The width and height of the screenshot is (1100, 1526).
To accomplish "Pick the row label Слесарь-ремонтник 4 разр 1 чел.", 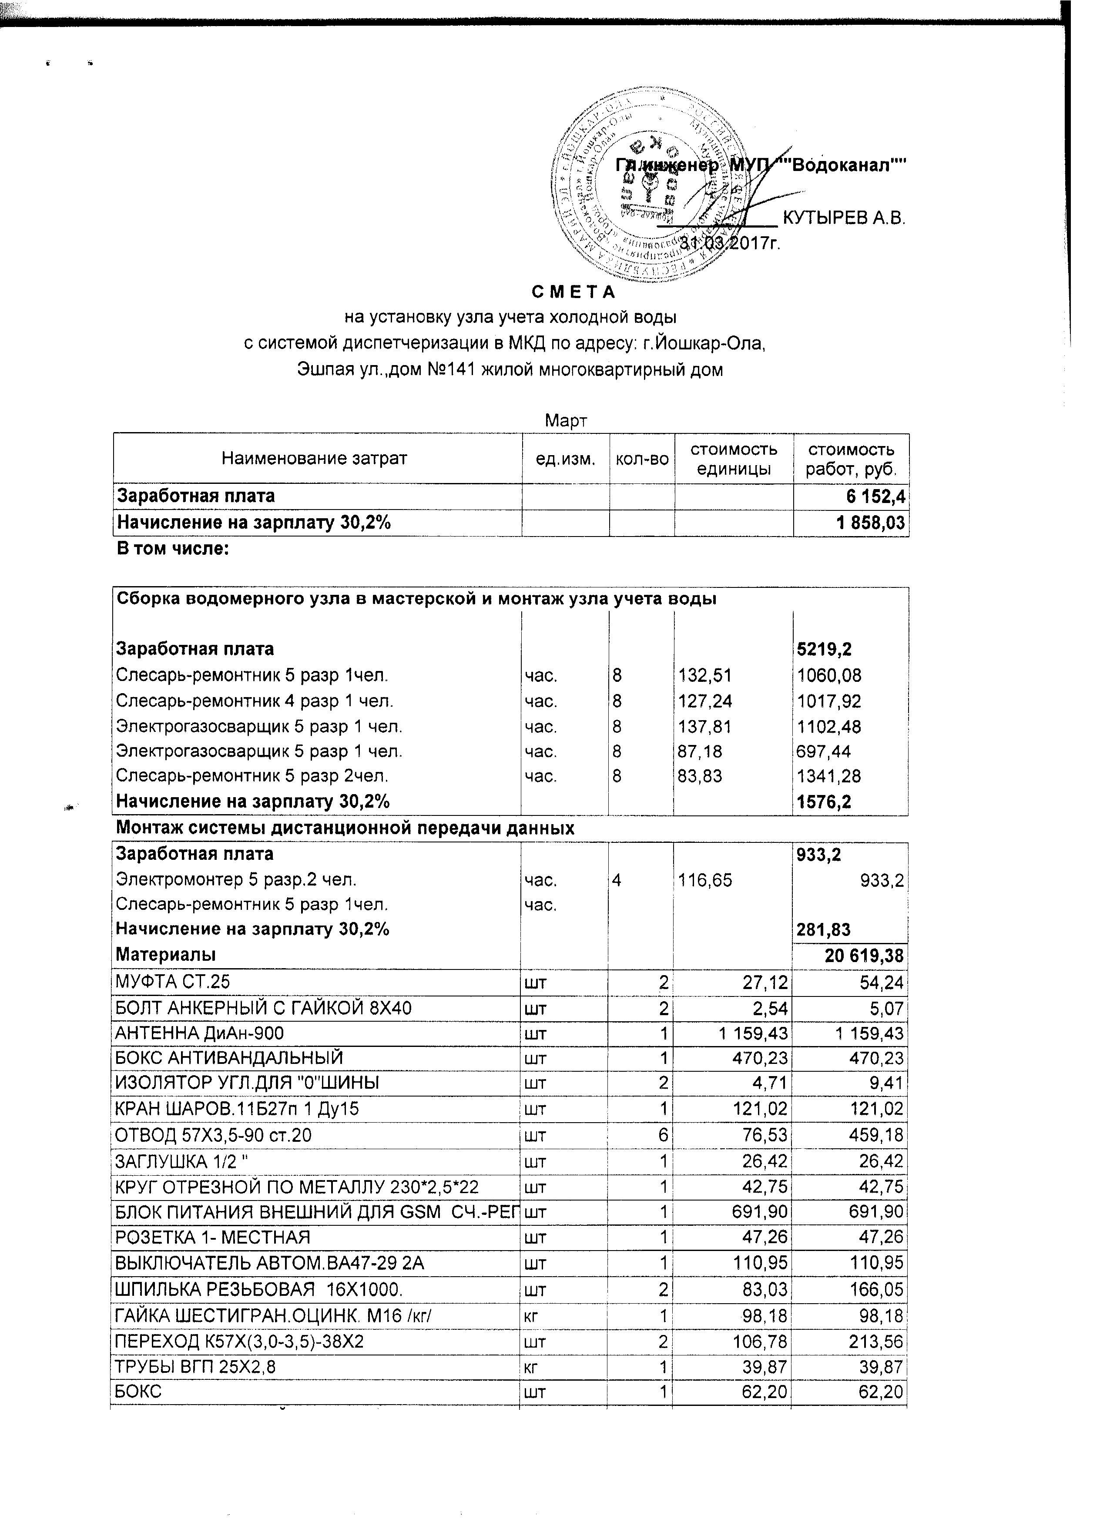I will click(254, 701).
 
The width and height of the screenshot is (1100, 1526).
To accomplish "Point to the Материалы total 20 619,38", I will click(864, 956).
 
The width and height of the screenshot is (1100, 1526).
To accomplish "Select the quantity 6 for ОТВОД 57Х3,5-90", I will click(664, 1136).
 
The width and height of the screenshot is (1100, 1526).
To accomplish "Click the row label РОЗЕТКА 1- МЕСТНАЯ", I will click(213, 1238).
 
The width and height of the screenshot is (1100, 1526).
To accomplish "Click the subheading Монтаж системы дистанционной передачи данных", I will click(345, 828).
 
